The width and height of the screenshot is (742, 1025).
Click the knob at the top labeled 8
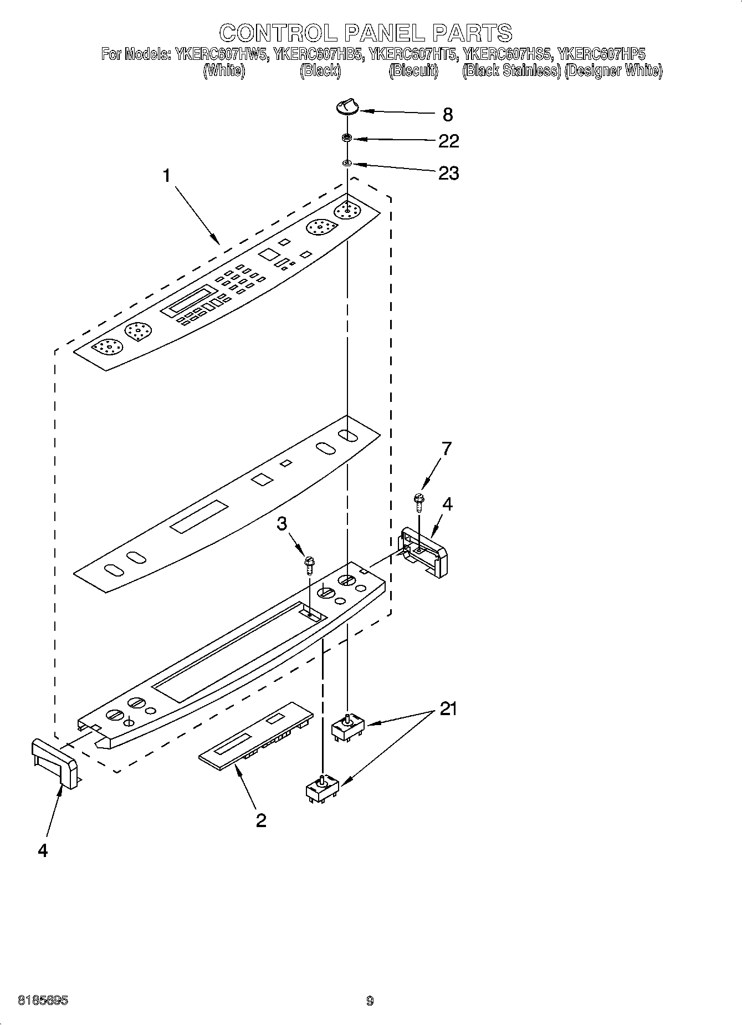[347, 105]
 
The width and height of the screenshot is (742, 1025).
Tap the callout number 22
[448, 141]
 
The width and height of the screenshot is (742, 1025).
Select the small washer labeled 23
[347, 163]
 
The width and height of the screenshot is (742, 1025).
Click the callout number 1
[166, 176]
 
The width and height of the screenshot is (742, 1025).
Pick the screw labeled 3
[309, 567]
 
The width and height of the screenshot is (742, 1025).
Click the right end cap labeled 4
[424, 551]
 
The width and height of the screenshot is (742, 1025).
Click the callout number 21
[448, 708]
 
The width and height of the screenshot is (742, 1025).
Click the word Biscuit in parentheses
[413, 71]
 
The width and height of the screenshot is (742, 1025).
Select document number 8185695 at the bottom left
[43, 1001]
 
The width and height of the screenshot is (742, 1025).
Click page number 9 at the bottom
[370, 1001]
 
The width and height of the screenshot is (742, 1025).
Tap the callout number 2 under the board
[261, 820]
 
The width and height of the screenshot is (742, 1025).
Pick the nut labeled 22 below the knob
[347, 138]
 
